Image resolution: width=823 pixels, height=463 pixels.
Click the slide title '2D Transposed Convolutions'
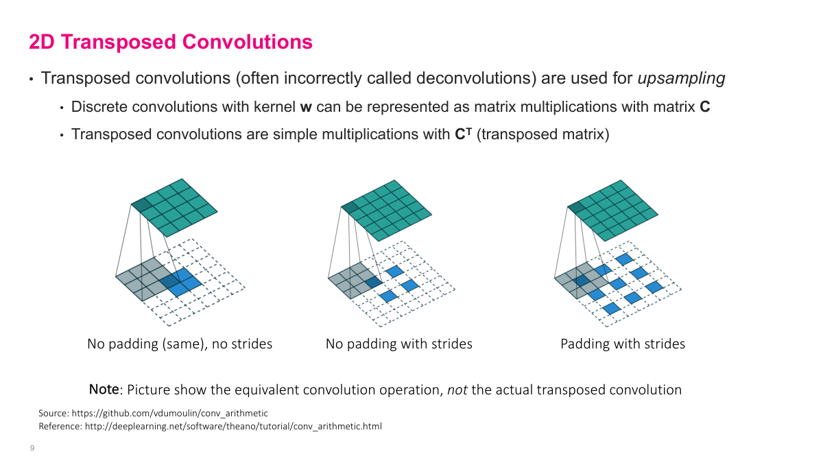[x=171, y=43]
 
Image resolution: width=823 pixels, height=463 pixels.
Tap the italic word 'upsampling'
[x=681, y=78]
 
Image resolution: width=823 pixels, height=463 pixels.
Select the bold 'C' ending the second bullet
[x=704, y=108]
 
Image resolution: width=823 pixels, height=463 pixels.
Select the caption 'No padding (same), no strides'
[x=180, y=344]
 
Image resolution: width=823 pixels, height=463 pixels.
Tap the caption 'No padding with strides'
[x=398, y=344]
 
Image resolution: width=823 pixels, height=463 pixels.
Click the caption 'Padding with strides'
[x=623, y=344]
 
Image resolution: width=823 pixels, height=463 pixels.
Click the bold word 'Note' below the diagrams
[x=104, y=390]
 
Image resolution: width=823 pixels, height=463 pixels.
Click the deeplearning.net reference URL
[x=233, y=427]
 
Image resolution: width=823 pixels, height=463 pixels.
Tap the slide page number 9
[x=32, y=449]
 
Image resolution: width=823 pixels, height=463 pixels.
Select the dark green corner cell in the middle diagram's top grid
[x=350, y=207]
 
